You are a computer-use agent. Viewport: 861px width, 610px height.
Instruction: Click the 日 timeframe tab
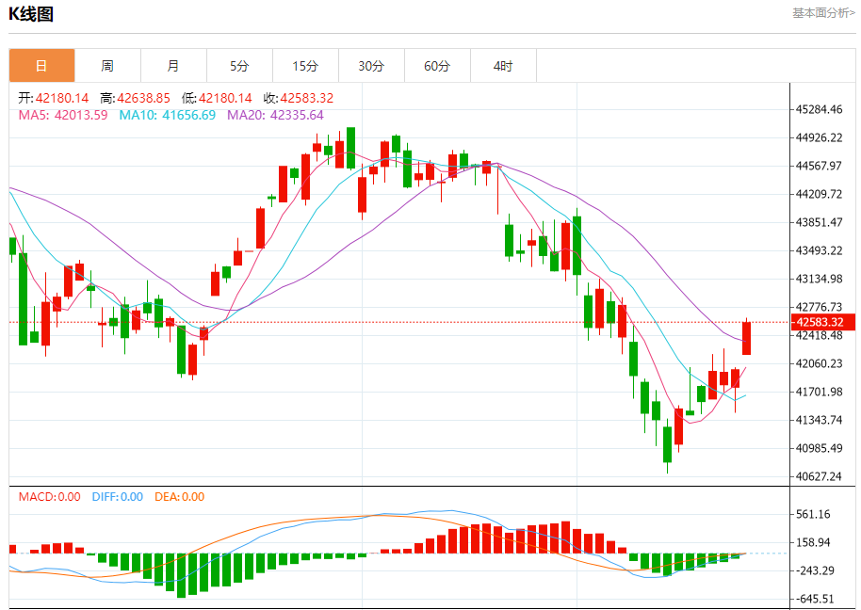coord(41,66)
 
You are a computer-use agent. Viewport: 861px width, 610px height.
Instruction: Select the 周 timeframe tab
coord(107,66)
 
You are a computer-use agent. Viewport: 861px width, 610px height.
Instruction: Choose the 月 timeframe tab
coord(173,66)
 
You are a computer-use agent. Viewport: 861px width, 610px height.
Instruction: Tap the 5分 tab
coord(239,66)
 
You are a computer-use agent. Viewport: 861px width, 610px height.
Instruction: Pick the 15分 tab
coord(305,66)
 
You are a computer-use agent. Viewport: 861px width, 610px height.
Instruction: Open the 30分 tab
coord(371,66)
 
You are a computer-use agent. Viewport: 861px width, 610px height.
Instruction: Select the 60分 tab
coord(437,66)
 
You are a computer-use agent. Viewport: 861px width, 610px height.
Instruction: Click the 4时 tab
coord(503,66)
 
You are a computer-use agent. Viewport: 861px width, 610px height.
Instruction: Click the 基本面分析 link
coord(822,13)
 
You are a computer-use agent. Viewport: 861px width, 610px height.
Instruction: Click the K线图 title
coord(31,13)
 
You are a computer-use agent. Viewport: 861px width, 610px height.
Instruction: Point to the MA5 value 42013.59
coord(81,116)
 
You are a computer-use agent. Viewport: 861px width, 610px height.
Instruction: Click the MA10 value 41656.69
coord(188,116)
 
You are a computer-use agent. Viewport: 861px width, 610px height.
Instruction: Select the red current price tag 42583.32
coord(824,322)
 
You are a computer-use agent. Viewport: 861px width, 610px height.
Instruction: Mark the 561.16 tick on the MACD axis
coord(813,514)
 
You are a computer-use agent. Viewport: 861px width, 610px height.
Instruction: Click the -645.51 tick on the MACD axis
coord(813,599)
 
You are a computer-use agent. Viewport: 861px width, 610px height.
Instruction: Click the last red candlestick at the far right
coord(747,338)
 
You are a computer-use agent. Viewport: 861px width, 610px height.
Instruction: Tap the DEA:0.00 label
coord(179,497)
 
